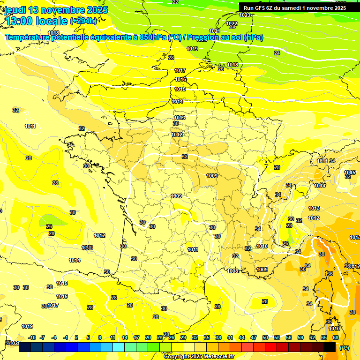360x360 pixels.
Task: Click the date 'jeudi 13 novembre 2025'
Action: click(x=56, y=10)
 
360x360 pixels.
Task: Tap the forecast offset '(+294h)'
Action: click(x=84, y=21)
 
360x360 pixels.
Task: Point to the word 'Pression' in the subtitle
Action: click(x=208, y=37)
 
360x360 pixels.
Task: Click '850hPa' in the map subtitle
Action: click(x=153, y=37)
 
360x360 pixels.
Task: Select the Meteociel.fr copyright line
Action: click(x=199, y=356)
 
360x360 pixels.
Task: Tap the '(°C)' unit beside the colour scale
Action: click(x=345, y=347)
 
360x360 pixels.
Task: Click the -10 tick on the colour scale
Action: click(x=32, y=337)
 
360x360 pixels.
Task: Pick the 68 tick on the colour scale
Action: click(x=336, y=337)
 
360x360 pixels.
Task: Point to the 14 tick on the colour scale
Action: click(x=125, y=337)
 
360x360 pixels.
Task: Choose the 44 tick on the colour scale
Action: click(x=242, y=337)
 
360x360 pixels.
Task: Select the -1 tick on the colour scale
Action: click(x=66, y=337)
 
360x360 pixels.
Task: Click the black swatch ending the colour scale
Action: click(x=330, y=347)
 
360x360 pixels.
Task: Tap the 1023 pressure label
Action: click(x=245, y=15)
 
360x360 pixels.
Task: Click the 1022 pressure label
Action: click(x=232, y=23)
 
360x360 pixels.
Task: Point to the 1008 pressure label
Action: click(x=232, y=271)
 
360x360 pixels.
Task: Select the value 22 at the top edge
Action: click(x=175, y=2)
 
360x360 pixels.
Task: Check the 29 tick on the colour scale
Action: click(x=183, y=337)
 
